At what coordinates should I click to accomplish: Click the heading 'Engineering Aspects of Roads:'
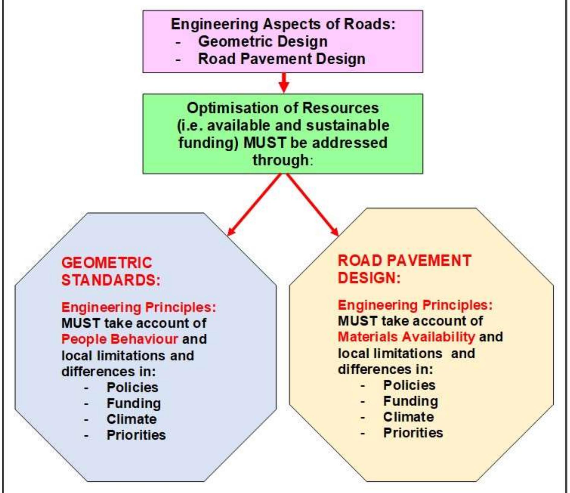coord(283,24)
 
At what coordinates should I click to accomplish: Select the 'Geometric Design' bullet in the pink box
coord(263,41)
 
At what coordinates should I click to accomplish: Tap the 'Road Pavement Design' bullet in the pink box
coord(282,59)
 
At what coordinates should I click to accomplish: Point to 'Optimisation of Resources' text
coord(283,108)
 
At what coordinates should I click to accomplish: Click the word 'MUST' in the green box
coord(265,142)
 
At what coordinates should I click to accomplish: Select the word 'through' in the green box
coord(281,160)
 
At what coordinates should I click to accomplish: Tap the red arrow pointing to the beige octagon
coord(313,204)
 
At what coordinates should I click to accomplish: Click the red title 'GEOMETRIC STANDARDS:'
coord(111,271)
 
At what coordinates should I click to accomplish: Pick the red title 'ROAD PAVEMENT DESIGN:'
coord(404,269)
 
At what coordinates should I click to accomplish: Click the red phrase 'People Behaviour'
coord(120,339)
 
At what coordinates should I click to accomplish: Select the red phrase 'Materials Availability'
coord(407,337)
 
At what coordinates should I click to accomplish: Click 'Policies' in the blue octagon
coord(132,387)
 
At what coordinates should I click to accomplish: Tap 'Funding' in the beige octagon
coord(411,401)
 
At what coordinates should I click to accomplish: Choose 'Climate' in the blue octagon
coord(132,419)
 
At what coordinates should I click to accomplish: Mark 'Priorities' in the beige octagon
coord(413,433)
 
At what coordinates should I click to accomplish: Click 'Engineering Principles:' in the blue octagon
coord(139,308)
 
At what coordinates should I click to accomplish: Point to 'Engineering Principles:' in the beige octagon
coord(415,305)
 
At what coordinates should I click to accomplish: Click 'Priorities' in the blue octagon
coord(136,435)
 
